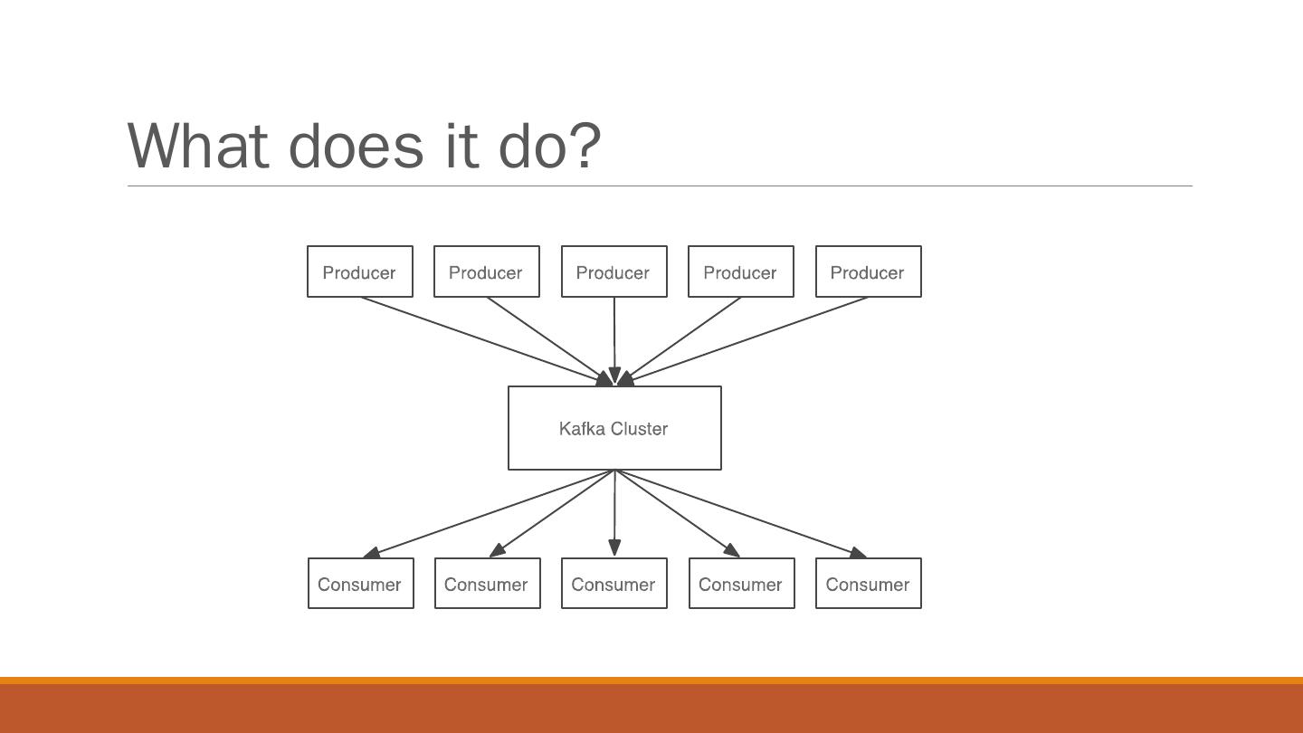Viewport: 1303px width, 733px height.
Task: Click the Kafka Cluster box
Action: [x=614, y=428]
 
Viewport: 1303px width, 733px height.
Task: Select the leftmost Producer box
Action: [x=360, y=271]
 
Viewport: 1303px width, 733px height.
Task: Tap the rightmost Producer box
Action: [x=868, y=271]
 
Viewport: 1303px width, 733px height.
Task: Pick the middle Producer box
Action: [x=614, y=271]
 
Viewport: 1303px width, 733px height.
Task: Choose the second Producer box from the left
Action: [x=487, y=271]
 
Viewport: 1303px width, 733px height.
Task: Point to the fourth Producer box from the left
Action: [x=741, y=271]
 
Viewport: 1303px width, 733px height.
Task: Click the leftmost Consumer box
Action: [x=361, y=584]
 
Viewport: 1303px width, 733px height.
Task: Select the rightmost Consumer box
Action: [x=869, y=584]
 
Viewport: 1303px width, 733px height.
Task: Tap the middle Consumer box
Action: [x=614, y=584]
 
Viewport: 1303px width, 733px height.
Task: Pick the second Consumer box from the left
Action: [x=488, y=584]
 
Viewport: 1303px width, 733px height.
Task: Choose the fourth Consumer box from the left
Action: [x=742, y=584]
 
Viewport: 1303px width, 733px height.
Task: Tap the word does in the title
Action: [x=356, y=145]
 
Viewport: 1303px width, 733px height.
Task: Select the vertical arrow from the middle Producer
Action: [x=614, y=339]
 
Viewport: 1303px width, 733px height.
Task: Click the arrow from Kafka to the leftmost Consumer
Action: [x=489, y=513]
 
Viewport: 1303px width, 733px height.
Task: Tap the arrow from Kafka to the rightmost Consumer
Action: [x=740, y=513]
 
